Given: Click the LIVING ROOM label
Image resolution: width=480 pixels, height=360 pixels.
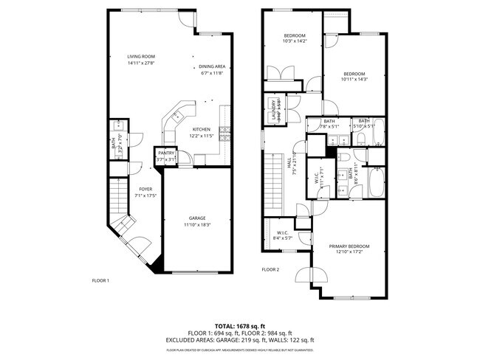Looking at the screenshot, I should tap(140, 56).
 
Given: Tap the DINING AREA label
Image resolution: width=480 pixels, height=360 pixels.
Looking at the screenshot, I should tap(211, 66).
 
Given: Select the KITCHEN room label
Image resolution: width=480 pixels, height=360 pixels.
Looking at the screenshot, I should tap(202, 128).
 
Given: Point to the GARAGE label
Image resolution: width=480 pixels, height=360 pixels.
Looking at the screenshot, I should tap(196, 218).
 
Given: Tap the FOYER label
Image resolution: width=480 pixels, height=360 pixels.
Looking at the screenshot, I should tap(145, 189).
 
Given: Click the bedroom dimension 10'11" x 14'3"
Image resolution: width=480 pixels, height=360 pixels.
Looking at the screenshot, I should tap(354, 80).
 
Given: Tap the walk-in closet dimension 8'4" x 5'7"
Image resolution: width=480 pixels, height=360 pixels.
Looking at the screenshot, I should tap(283, 238).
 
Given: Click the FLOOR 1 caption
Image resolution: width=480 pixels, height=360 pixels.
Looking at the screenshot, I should tap(100, 280).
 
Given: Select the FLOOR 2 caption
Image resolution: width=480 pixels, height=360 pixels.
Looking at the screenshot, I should tap(270, 270).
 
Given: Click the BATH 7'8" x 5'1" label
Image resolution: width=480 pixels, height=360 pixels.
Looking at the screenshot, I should tap(329, 123).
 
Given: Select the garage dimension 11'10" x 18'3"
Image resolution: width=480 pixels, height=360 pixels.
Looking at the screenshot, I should tap(196, 224).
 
